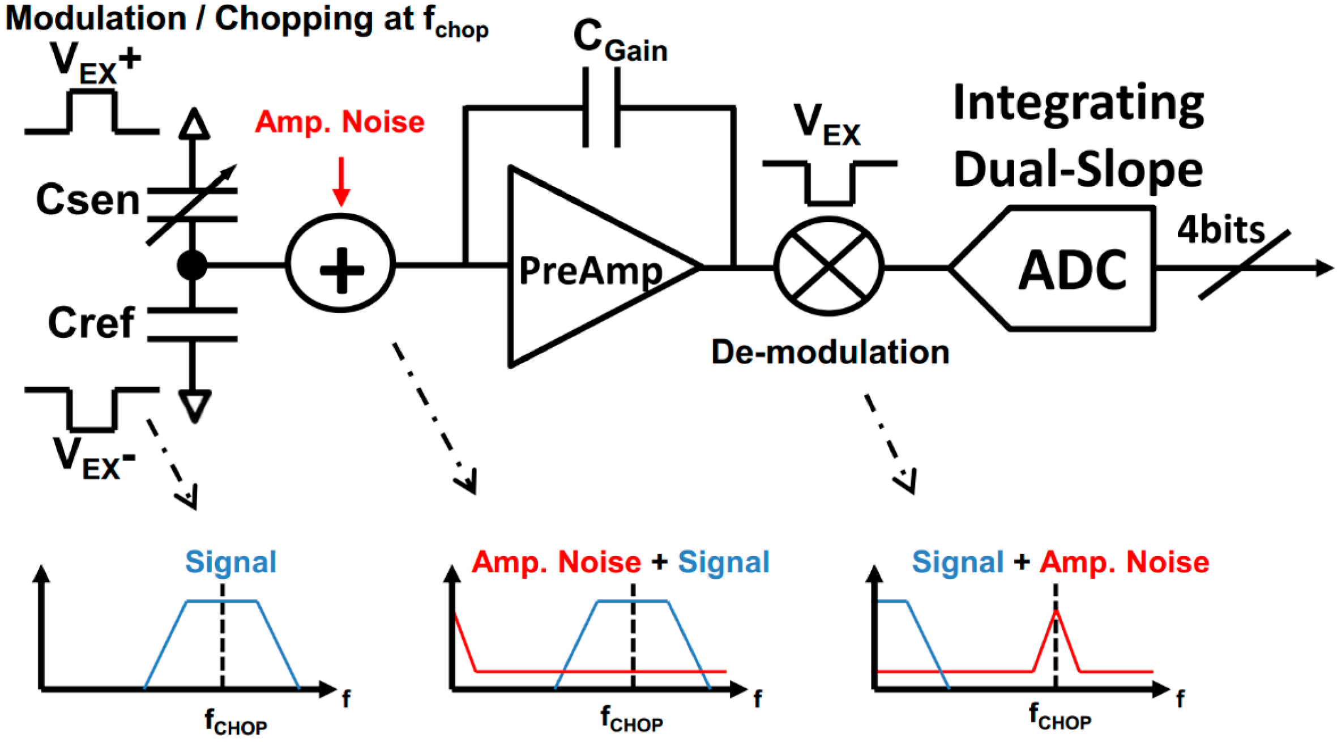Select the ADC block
[x=1070, y=269]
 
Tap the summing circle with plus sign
[x=340, y=264]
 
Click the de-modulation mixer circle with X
[x=828, y=266]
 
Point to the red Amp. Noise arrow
[x=341, y=181]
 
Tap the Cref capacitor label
[x=91, y=323]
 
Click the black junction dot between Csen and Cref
[x=192, y=265]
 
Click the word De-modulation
[x=830, y=352]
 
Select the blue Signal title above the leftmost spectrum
[x=230, y=562]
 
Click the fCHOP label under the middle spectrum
[x=631, y=718]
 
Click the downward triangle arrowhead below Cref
[x=194, y=405]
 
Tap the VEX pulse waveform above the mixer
[x=829, y=181]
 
